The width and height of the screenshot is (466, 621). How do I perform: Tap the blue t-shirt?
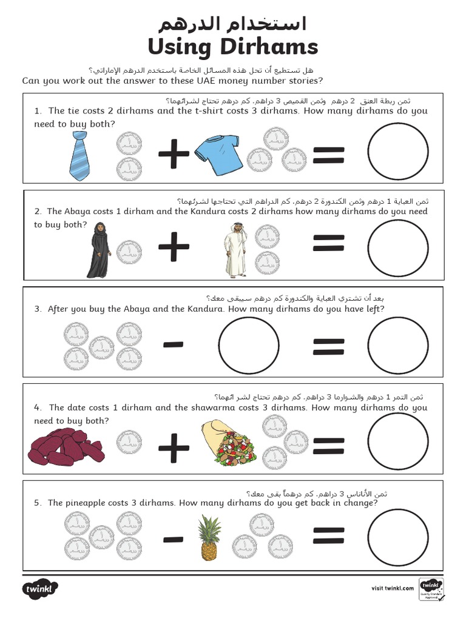pos(219,154)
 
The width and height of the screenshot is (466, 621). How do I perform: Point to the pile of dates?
pos(65,448)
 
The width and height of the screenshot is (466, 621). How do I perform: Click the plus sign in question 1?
pos(174,154)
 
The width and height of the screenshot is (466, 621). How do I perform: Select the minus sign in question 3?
pos(174,345)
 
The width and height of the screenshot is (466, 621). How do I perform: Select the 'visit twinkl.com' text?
pos(392,588)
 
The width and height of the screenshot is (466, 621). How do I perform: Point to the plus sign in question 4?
pos(174,449)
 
